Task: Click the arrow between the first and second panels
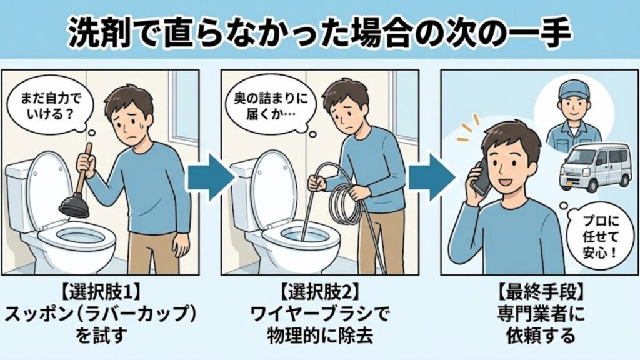(211, 176)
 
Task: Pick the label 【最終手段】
(539, 291)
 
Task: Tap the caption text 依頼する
(539, 336)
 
